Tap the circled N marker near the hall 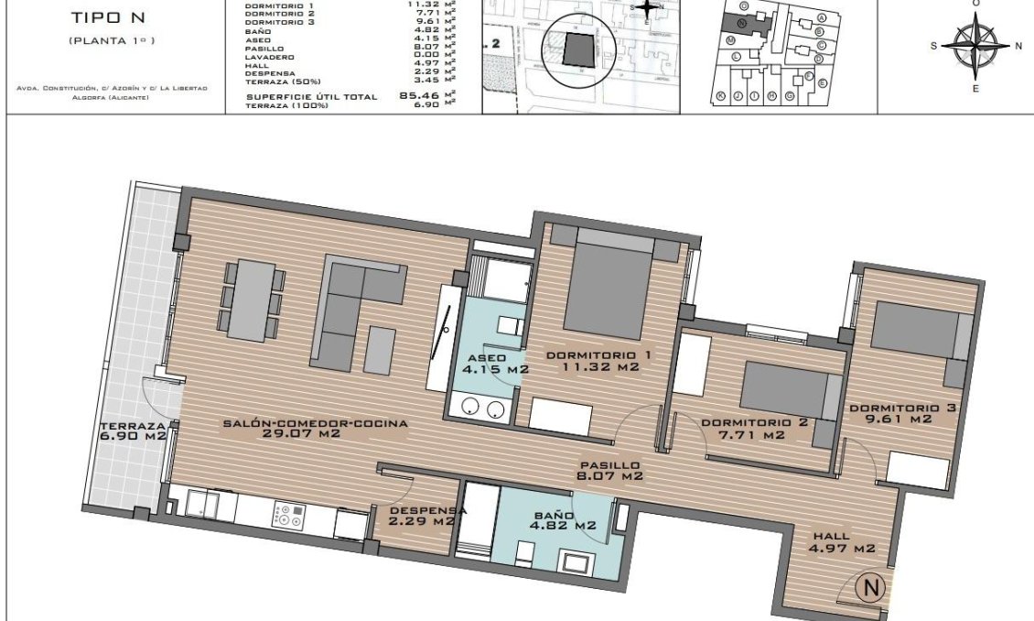point(871,587)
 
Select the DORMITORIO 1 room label point(598,361)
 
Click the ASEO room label point(487,363)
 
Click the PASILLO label point(609,470)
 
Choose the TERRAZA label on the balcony point(134,431)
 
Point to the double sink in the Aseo point(483,409)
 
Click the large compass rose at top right point(975,46)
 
